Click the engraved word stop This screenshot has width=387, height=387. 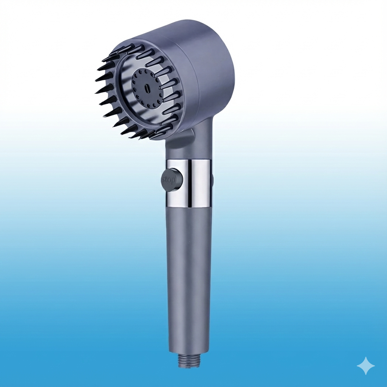(169, 180)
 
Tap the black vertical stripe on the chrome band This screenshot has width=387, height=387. (188, 183)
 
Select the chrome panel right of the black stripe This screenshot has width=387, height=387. (200, 183)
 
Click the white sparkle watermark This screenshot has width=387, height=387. (365, 366)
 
